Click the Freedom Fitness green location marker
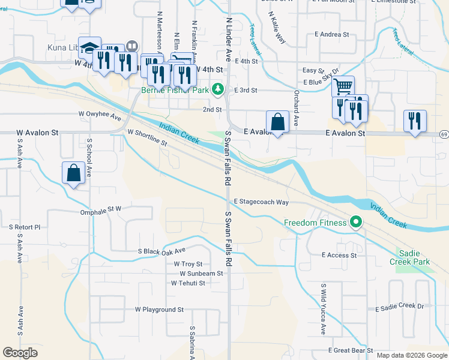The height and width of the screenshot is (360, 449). pos(356,223)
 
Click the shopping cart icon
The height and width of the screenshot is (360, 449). pos(343,86)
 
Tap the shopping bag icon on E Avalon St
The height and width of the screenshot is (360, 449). pos(278,121)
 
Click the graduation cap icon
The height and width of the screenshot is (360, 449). pos(89,47)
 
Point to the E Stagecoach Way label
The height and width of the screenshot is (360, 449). pos(261,202)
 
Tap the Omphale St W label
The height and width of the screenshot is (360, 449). pos(101,211)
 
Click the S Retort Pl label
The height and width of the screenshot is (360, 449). pos(25,227)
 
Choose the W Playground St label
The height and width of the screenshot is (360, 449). pos(159,310)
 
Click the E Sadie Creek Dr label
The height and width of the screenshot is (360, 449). pos(399,307)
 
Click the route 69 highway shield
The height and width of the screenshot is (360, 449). pos(444,134)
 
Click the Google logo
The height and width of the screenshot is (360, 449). pos(20,353)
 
